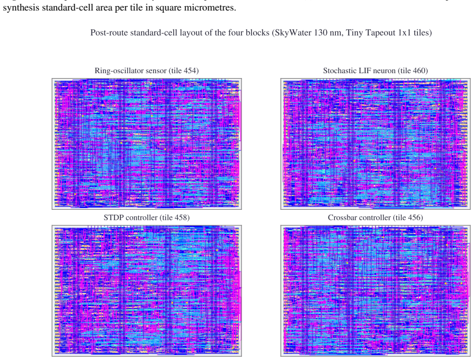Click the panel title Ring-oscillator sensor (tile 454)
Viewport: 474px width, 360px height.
point(147,70)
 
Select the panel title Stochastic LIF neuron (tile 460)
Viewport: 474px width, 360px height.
point(375,70)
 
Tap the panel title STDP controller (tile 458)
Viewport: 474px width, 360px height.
point(147,218)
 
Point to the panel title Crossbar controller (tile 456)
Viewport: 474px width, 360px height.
point(375,218)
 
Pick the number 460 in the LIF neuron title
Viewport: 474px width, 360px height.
point(419,70)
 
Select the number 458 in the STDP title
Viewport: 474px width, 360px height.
point(181,218)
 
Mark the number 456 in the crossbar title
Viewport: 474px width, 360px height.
point(414,218)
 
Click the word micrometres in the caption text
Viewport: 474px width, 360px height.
point(210,7)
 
